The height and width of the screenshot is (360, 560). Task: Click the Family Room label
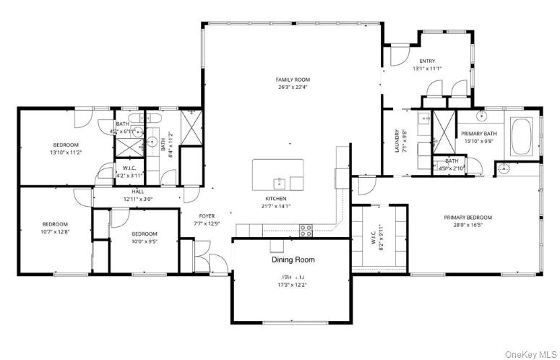(x=292, y=79)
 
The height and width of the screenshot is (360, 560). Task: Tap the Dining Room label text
(x=293, y=260)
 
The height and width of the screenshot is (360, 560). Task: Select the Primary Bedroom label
(x=468, y=218)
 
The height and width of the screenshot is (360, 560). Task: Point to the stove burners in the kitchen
(x=306, y=230)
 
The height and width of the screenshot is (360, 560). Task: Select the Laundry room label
(x=397, y=137)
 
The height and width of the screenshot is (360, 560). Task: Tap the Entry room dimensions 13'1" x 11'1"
(x=427, y=69)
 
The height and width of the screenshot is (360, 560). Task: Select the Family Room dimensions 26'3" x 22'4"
(x=292, y=87)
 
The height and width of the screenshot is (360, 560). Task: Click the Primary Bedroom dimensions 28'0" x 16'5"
(x=468, y=226)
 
